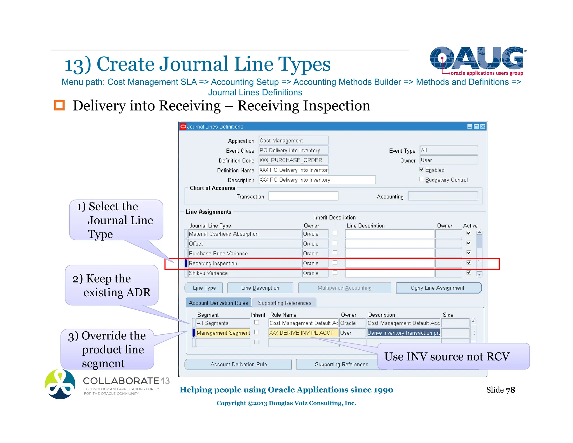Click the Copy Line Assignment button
coord(438,288)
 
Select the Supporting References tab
coord(284,303)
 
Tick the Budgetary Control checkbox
coord(422,179)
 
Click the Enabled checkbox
coord(422,169)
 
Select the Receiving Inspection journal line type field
coord(244,263)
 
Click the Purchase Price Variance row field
coord(244,253)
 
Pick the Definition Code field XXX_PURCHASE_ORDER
coord(293,160)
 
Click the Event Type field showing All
coord(448,150)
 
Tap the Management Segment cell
coord(223,333)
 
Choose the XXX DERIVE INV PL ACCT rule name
coord(303,333)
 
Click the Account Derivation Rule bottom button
coord(238,364)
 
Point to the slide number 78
coord(510,390)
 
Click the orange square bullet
coord(59,105)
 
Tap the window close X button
coord(483,127)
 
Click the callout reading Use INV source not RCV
coord(453,356)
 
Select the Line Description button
coord(260,288)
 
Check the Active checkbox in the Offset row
coord(469,243)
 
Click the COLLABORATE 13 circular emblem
coord(60,384)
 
